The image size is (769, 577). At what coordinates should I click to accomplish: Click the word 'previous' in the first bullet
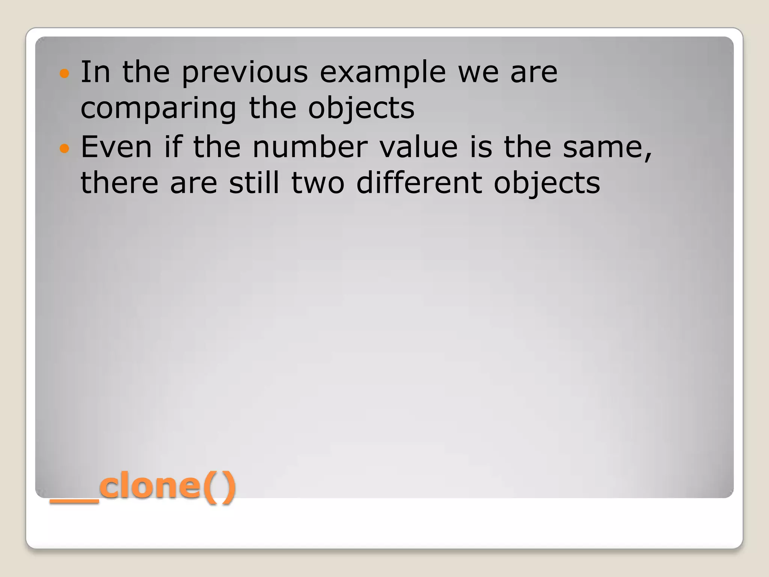point(244,73)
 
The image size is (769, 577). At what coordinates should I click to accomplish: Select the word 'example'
point(383,73)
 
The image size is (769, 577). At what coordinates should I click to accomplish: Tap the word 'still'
point(254,183)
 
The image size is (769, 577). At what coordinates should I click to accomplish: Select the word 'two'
point(318,183)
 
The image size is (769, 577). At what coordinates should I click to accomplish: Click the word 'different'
point(419,183)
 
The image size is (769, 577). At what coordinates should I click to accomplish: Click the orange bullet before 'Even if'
point(65,148)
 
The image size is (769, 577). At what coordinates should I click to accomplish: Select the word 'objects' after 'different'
point(547,183)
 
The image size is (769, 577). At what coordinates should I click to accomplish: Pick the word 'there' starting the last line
point(119,183)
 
